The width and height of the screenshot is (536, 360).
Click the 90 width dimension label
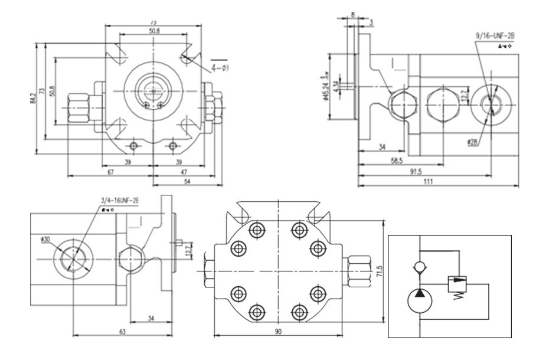[x=277, y=332]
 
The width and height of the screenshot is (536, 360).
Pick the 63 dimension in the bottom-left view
[x=122, y=332]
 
